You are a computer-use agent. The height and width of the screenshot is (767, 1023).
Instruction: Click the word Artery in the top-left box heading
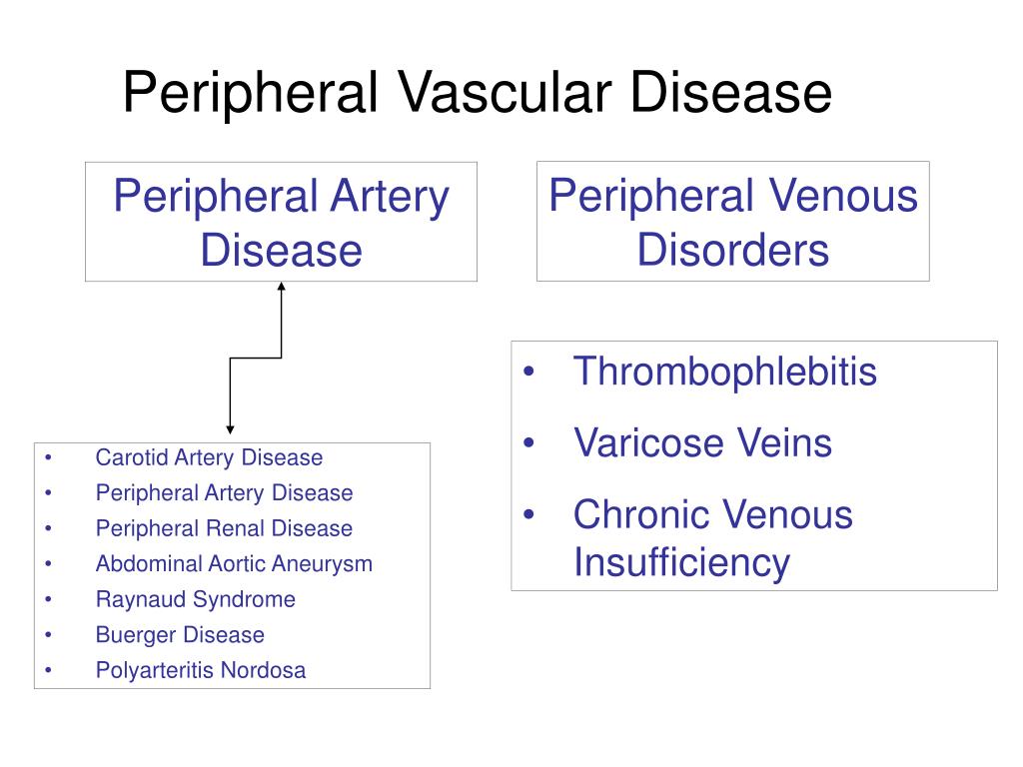[x=395, y=196]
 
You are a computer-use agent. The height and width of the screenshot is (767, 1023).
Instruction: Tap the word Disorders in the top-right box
[x=732, y=249]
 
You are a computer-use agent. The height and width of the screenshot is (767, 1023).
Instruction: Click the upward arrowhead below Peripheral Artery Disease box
[x=282, y=289]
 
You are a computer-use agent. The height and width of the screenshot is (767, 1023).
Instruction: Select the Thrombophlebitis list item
[x=724, y=372]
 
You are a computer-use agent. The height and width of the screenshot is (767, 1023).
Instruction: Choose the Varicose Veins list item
[x=702, y=442]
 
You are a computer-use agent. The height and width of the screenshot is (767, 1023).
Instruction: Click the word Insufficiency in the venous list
[x=680, y=562]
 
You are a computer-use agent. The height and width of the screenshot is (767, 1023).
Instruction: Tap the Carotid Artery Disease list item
[x=209, y=458]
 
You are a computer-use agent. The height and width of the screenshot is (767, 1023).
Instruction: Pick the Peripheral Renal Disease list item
[x=224, y=528]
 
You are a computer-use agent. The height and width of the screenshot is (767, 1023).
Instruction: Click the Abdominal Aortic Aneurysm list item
[x=234, y=563]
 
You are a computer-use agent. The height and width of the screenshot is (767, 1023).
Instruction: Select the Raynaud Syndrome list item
[x=195, y=599]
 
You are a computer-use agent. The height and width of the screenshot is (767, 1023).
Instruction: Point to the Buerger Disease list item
[x=180, y=635]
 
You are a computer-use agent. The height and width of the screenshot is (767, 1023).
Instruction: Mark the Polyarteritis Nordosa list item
[x=201, y=670]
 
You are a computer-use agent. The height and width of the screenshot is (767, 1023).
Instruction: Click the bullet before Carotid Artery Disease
[x=47, y=458]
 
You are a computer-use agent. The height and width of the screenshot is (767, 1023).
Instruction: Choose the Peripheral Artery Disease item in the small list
[x=224, y=493]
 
